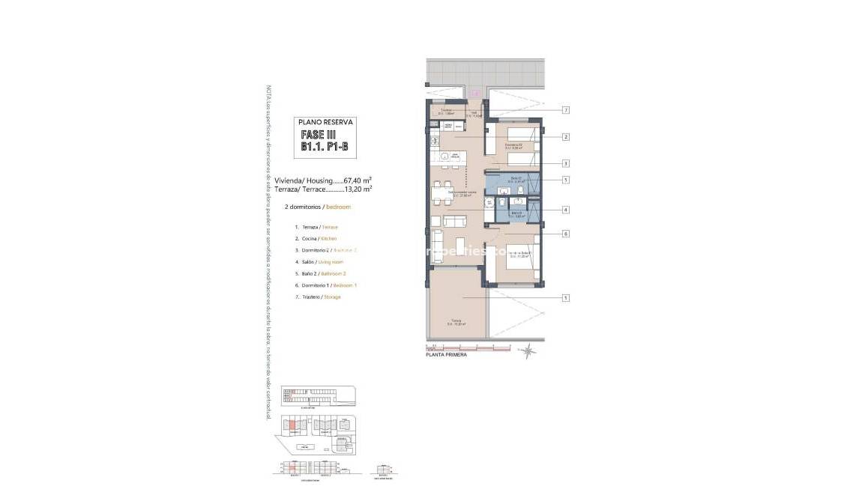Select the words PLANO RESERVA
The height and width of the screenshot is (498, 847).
[325, 121]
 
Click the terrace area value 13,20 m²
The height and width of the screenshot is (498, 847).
[358, 189]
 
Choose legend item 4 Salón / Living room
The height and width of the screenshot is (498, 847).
[319, 261]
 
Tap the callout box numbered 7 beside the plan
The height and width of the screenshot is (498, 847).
[567, 110]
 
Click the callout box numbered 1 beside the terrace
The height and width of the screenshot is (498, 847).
[567, 298]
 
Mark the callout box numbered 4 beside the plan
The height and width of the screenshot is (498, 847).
[567, 210]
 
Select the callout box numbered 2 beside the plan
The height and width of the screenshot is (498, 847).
[567, 137]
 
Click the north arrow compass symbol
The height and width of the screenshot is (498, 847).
[530, 349]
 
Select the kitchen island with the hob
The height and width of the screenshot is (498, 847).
[450, 157]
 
